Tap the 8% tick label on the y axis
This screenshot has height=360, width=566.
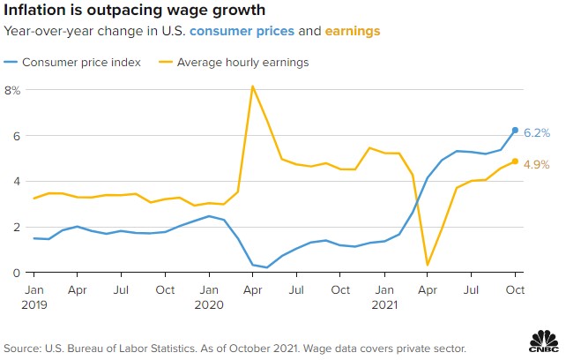[x=12, y=90]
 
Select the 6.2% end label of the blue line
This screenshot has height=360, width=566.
[x=537, y=133]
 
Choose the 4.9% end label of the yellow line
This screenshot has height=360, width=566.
[x=537, y=164]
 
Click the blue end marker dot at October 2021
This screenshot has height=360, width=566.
[x=516, y=131]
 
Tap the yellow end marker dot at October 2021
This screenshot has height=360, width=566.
[x=516, y=161]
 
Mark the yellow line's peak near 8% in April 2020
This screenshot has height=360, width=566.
[x=253, y=86]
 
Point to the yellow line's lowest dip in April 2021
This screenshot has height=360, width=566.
[x=428, y=265]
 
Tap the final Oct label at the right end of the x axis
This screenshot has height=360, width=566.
[x=516, y=289]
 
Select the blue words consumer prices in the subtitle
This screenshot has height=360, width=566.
[x=240, y=31]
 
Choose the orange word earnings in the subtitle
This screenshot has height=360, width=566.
[x=354, y=31]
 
